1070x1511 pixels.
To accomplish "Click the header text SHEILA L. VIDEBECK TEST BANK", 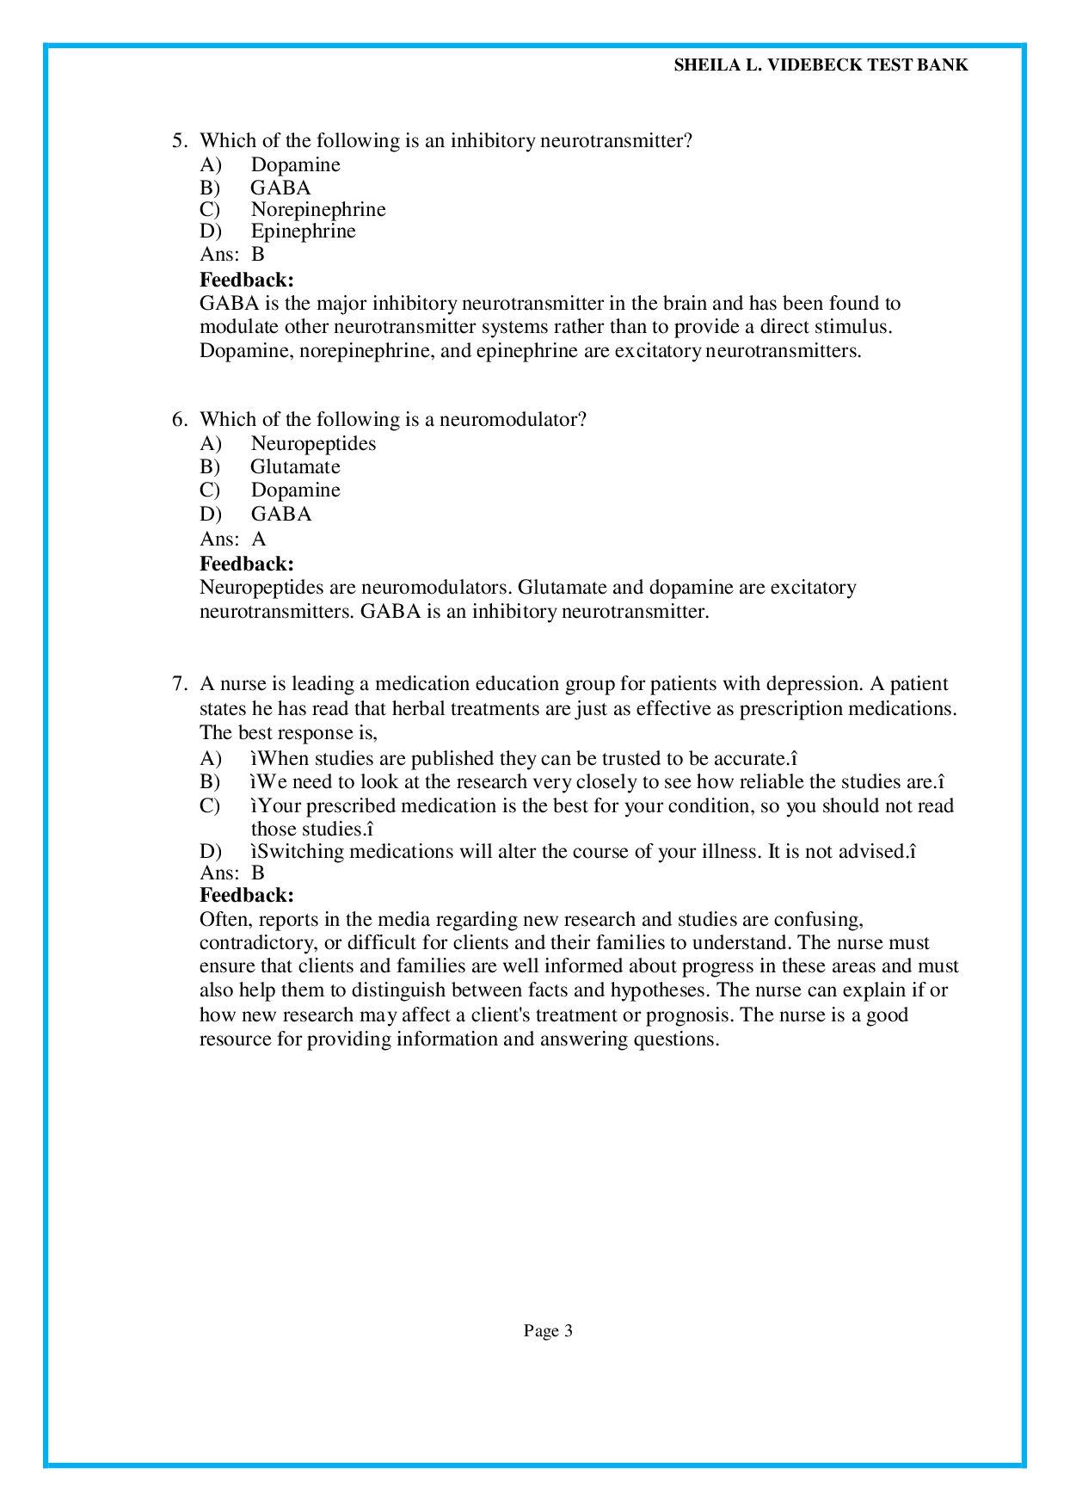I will (x=821, y=65).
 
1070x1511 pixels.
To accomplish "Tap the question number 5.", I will (x=178, y=140).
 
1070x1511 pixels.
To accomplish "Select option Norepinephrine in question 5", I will (x=317, y=209).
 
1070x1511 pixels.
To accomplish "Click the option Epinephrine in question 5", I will (x=303, y=231).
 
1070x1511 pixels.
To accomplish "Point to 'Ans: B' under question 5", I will (x=232, y=254).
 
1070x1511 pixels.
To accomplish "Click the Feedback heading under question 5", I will (x=247, y=279).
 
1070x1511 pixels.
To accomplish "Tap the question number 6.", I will (x=178, y=419).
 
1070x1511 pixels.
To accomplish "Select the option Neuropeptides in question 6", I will (x=313, y=443).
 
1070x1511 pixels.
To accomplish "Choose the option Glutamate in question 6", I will (x=295, y=466).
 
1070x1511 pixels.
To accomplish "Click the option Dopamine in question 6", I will (x=295, y=490).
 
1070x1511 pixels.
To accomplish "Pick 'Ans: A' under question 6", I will (x=233, y=539).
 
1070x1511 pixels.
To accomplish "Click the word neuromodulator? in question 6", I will (x=513, y=419).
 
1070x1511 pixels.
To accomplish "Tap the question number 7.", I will (x=178, y=683).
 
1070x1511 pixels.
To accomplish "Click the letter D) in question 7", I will (x=211, y=851).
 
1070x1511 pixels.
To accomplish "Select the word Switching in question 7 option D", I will (x=300, y=851).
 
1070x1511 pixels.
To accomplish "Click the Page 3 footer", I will (x=548, y=1331).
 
